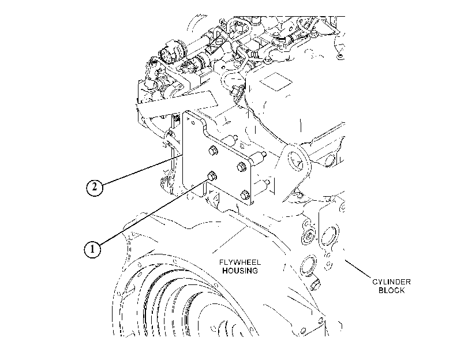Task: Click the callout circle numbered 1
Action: pyautogui.click(x=92, y=249)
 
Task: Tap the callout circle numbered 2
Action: pyautogui.click(x=94, y=187)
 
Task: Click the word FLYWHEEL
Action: pyautogui.click(x=240, y=262)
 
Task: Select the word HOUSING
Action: pyautogui.click(x=240, y=271)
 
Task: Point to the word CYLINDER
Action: pyautogui.click(x=391, y=282)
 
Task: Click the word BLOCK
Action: pyautogui.click(x=391, y=290)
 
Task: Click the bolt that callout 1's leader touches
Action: pyautogui.click(x=212, y=176)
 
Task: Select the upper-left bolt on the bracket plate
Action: pyautogui.click(x=213, y=151)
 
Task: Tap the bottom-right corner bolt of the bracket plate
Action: pyautogui.click(x=244, y=195)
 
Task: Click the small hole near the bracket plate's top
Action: pyautogui.click(x=188, y=119)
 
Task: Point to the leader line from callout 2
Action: pyautogui.click(x=143, y=170)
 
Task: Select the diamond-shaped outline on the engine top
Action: pyautogui.click(x=275, y=81)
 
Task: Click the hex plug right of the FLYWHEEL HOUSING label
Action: pyautogui.click(x=315, y=285)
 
